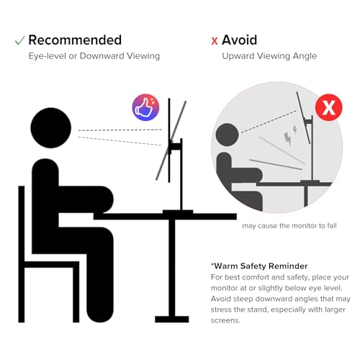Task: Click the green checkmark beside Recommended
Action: point(19,40)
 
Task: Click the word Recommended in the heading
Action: point(75,40)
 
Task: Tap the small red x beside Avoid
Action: point(215,41)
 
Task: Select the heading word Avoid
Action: point(239,40)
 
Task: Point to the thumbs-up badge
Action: point(145,107)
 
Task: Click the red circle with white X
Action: point(328,107)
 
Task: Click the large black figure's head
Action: point(51,127)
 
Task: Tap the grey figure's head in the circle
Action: point(227,135)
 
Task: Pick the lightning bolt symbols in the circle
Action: point(290,135)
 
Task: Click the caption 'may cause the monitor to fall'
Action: point(289,225)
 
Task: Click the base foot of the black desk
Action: point(172,319)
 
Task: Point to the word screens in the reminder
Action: point(225,320)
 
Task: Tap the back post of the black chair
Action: point(22,254)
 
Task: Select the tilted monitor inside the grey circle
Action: point(303,117)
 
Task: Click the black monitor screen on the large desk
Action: point(169,140)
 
